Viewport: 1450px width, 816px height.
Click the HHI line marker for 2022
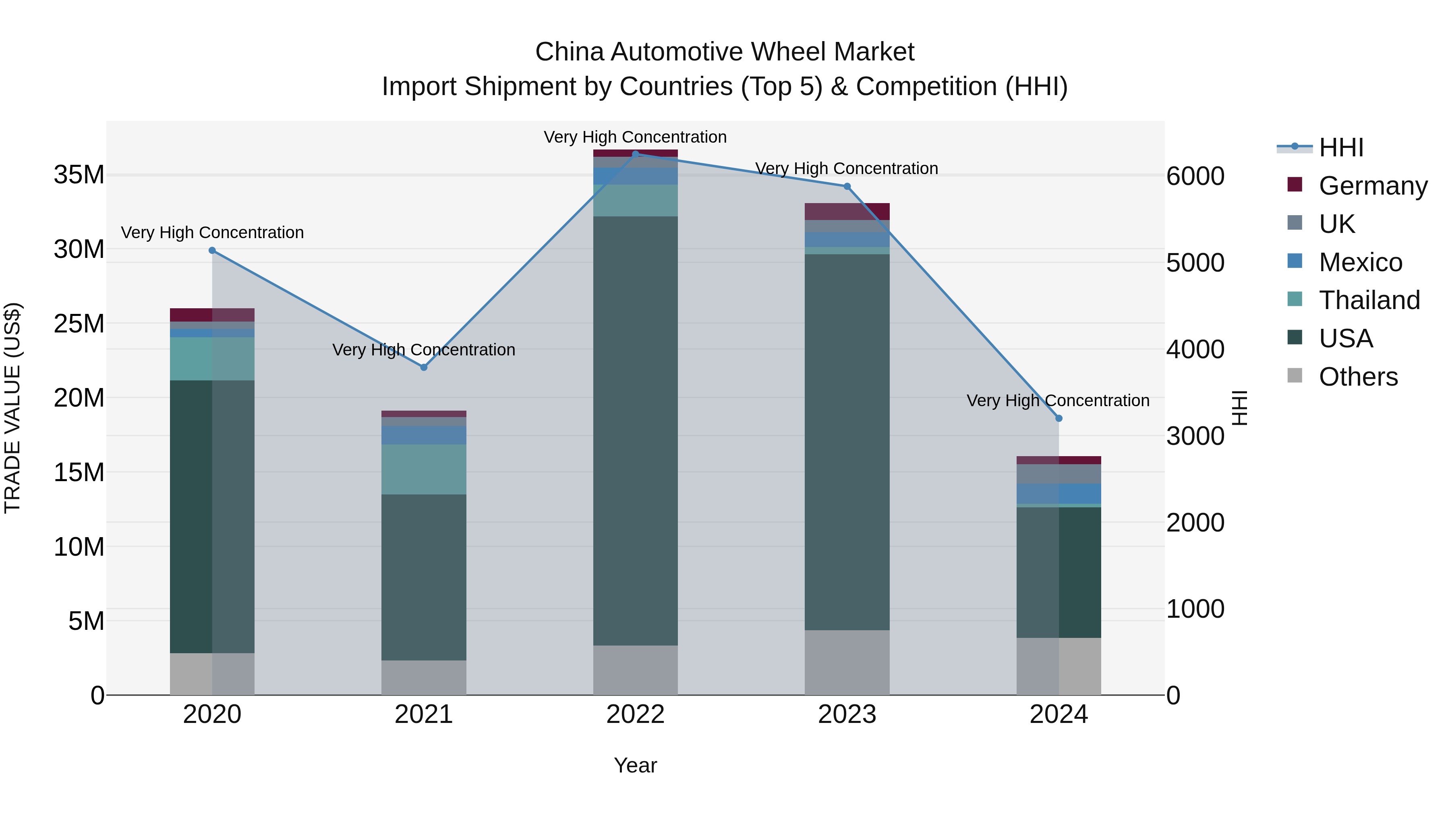tap(636, 154)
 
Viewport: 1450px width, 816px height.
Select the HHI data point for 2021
tap(424, 367)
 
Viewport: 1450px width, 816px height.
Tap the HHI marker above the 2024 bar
tap(1059, 418)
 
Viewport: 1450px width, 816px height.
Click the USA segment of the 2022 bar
tap(636, 431)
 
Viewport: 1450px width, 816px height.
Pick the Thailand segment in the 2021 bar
tap(424, 470)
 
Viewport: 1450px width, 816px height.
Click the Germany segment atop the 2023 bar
tap(847, 211)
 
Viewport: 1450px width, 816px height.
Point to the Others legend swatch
tap(1295, 376)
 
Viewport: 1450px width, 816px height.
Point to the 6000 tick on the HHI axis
tap(1195, 176)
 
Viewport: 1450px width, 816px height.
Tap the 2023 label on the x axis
tap(847, 714)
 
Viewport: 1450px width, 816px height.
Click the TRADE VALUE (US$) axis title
tap(12, 408)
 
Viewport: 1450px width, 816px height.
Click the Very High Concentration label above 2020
tap(212, 233)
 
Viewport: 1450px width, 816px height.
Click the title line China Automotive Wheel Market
tap(725, 52)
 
